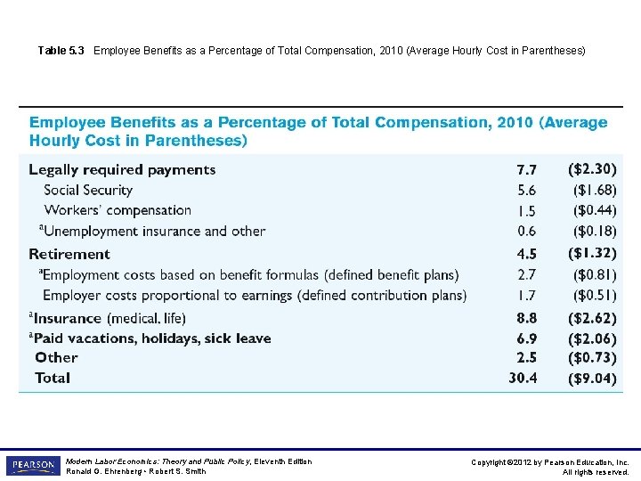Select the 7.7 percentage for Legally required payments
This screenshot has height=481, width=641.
point(526,169)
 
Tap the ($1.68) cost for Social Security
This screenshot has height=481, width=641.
point(594,190)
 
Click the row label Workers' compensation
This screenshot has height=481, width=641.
point(118,210)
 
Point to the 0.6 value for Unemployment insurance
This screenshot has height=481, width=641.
point(526,231)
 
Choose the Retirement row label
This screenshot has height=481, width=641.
point(69,254)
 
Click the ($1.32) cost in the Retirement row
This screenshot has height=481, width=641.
point(592,254)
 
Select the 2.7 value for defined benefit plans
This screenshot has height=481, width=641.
point(526,274)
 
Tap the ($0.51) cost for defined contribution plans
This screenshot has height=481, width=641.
point(594,295)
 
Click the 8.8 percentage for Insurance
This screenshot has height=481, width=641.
point(526,317)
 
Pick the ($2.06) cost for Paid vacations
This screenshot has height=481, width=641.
point(592,338)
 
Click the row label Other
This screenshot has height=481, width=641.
point(56,357)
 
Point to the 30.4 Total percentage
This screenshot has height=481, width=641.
point(523,378)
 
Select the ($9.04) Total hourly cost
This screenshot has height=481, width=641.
point(592,378)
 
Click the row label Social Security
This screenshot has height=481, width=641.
point(88,190)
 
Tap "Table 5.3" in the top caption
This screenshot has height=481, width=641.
point(61,51)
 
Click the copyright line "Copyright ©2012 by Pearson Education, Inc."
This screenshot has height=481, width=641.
point(550,462)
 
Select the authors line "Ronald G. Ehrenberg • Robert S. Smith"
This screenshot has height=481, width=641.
point(136,472)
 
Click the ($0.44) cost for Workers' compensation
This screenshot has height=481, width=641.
point(594,210)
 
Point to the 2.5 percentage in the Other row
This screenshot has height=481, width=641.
point(526,357)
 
